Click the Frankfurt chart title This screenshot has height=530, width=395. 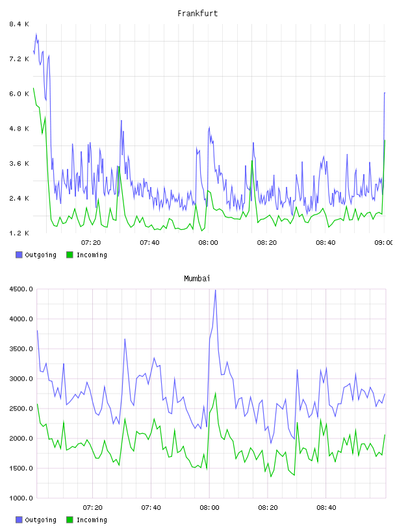(197, 14)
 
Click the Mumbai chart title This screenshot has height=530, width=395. (197, 279)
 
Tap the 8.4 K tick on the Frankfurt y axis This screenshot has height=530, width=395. (19, 24)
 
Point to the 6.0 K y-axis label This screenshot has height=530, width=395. (19, 94)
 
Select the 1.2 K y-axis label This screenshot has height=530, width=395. (19, 233)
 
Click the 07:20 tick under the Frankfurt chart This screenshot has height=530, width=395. (91, 242)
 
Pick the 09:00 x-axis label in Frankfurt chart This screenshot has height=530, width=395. (384, 242)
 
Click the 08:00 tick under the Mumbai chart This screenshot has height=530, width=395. (209, 507)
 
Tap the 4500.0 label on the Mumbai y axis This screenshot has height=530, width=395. (21, 289)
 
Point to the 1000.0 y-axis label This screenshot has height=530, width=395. (21, 498)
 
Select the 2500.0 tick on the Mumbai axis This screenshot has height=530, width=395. (21, 409)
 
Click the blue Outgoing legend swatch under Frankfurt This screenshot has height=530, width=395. (19, 255)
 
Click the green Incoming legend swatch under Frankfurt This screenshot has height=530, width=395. (70, 255)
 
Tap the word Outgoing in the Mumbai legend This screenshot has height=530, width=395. (40, 520)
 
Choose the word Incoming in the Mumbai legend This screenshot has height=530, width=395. (92, 520)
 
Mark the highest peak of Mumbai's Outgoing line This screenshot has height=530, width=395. (216, 290)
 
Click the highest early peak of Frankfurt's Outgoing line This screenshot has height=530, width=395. (36, 34)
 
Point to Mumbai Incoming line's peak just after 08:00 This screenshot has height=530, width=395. (216, 393)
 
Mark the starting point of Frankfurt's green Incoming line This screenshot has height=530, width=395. (34, 88)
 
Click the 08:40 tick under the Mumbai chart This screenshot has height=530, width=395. (326, 507)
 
